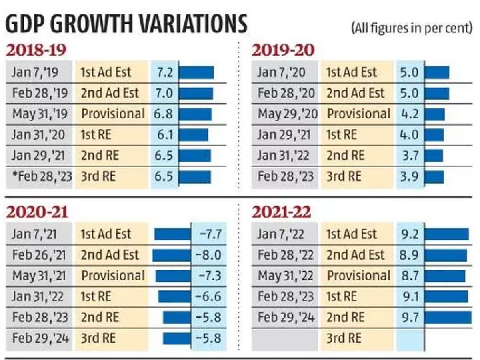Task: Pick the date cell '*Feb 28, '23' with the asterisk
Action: (39, 176)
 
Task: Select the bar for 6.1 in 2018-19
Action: (194, 135)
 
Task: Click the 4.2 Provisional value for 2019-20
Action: (410, 114)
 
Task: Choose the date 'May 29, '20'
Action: (287, 114)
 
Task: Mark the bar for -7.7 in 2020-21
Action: (173, 234)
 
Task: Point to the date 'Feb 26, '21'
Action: (41, 255)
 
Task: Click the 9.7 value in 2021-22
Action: (410, 317)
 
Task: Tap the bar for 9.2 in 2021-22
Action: (446, 234)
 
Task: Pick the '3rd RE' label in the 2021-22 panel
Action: (344, 338)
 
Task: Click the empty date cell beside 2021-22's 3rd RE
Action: (285, 338)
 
